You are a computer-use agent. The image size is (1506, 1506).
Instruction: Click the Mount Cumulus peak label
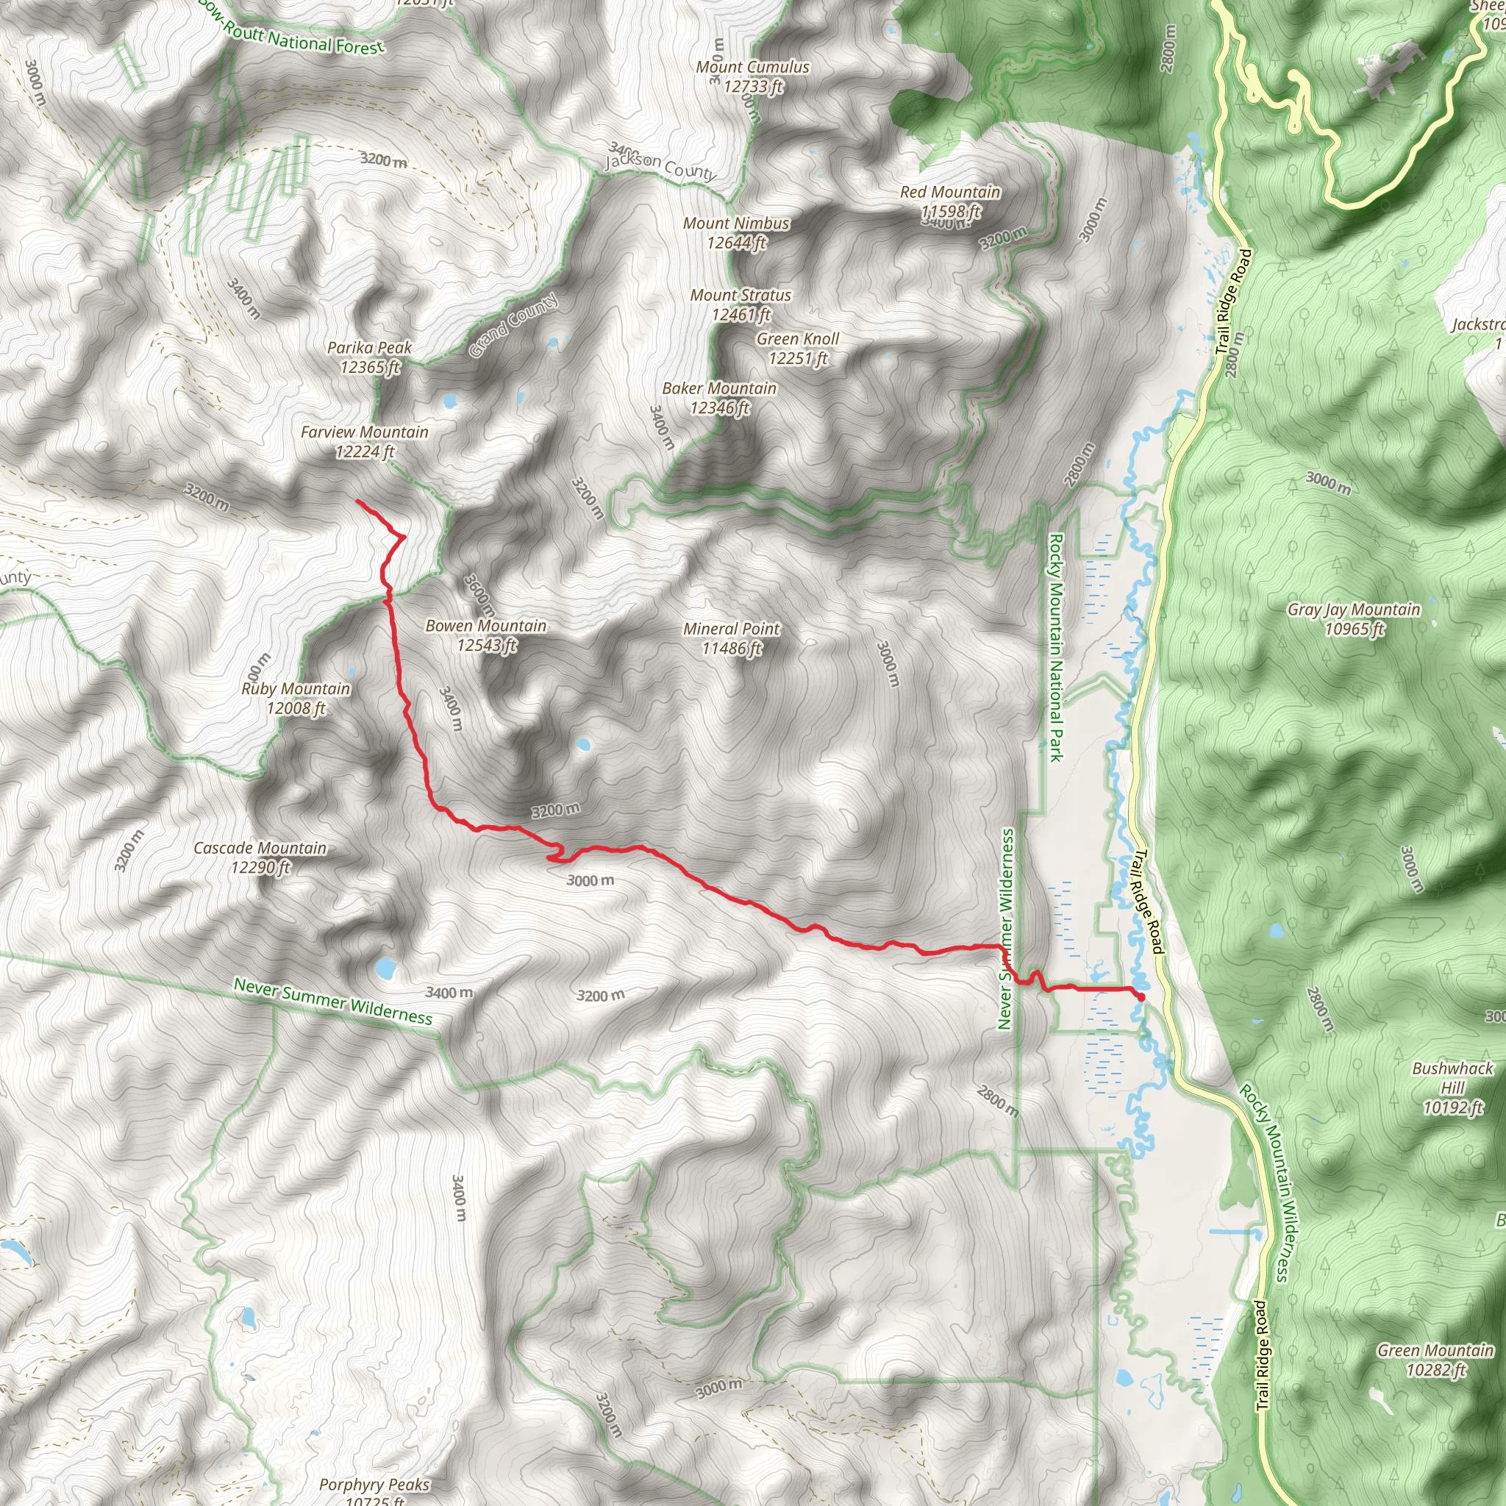pos(752,76)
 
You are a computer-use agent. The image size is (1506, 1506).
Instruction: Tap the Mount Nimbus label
pos(737,232)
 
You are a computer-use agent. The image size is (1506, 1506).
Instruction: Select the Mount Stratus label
pos(740,304)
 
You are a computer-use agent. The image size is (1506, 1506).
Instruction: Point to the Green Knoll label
pos(797,348)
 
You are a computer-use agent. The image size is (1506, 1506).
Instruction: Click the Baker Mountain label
pos(719,397)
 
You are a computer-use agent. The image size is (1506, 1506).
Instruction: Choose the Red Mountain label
pos(950,200)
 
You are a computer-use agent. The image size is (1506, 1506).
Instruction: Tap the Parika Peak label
pos(369,356)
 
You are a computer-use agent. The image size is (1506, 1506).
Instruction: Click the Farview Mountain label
pos(365,440)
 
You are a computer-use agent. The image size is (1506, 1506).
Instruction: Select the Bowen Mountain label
pos(486,635)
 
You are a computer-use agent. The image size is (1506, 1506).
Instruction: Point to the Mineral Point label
pos(731,638)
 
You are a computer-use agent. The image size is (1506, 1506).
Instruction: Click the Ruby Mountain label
pos(296,698)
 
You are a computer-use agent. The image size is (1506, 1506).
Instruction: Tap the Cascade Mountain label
pos(260,857)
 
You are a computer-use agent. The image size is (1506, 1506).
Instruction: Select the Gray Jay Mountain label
pos(1354,618)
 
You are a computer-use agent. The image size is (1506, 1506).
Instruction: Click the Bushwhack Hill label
pos(1452,1087)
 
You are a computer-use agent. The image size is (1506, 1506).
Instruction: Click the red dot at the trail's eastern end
pos(1141,996)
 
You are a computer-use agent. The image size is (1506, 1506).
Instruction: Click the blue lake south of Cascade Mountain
pos(385,969)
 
